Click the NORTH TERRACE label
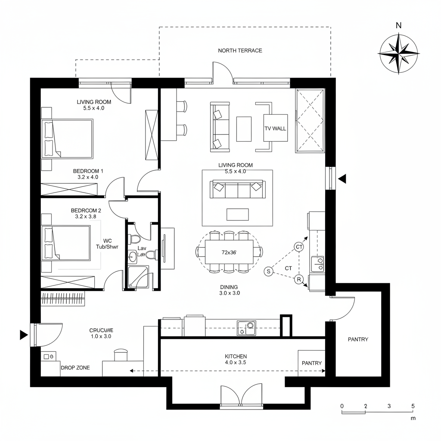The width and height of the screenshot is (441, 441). point(240,50)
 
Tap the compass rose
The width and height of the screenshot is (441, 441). point(398,53)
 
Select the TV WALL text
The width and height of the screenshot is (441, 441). point(275,128)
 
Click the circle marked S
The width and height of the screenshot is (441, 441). point(268,271)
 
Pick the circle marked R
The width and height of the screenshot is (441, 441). point(299,280)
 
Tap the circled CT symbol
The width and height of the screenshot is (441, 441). point(299,247)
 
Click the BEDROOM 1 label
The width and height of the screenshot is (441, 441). point(88,174)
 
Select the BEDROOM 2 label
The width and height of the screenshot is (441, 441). point(86,213)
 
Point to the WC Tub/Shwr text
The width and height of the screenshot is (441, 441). point(108,244)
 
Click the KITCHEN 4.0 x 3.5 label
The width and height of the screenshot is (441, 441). point(236,359)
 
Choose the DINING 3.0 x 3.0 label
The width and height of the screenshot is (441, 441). point(229,290)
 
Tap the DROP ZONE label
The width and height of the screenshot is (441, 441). point(75,368)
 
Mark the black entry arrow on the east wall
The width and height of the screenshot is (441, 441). point(342,179)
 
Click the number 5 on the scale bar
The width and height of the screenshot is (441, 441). point(413,406)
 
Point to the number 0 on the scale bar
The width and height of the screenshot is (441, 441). point(342,406)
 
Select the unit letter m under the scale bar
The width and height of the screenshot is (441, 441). point(413,418)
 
